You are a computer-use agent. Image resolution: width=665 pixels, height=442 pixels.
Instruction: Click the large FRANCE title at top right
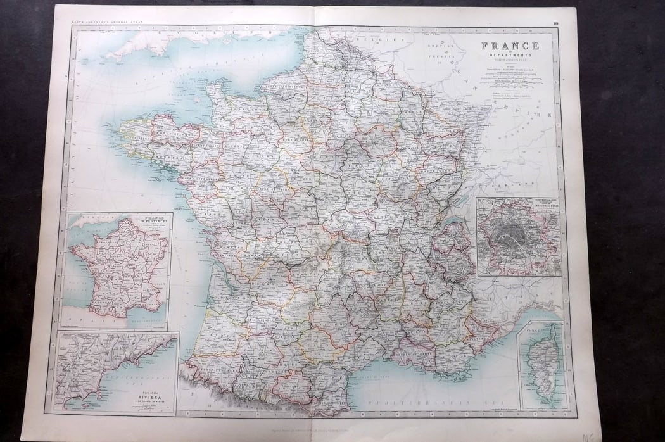pyautogui.click(x=510, y=46)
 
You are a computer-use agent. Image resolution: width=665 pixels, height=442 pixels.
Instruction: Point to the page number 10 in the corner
pyautogui.click(x=555, y=24)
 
